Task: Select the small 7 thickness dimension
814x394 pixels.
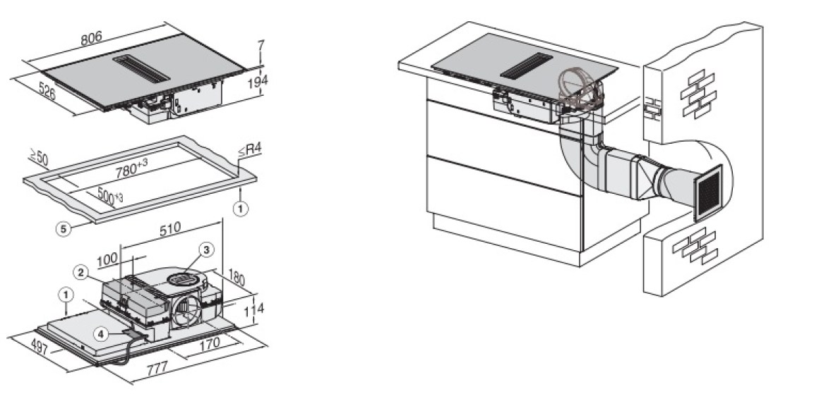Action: [x=261, y=46]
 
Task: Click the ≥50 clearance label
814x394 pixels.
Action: [x=38, y=157]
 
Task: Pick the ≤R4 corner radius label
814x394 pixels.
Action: [x=250, y=150]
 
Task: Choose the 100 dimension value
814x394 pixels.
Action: [x=107, y=259]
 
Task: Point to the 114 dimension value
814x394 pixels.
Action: [x=253, y=310]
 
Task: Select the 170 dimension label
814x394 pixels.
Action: [x=210, y=343]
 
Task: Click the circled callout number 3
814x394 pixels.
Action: [x=206, y=250]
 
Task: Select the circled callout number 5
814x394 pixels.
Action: [x=64, y=228]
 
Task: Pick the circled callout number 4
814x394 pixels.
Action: [x=101, y=334]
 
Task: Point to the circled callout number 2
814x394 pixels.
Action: [x=80, y=271]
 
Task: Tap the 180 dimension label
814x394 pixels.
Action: [x=237, y=278]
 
